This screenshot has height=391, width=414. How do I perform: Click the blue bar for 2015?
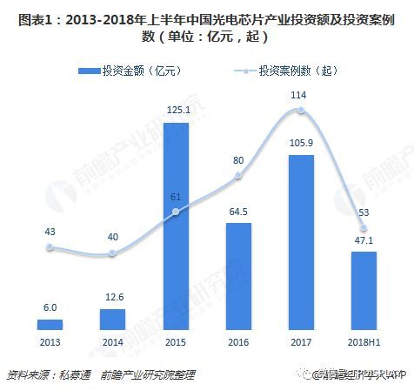[x=176, y=226]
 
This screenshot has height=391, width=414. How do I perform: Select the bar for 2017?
[x=300, y=243]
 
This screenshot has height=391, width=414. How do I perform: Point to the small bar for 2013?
[x=50, y=324]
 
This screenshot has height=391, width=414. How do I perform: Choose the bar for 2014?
[x=113, y=319]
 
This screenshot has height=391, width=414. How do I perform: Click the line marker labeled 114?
[x=300, y=111]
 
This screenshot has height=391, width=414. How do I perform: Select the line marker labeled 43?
[x=50, y=247]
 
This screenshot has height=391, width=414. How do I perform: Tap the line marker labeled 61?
[x=176, y=212]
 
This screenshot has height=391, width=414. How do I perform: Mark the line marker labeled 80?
[x=238, y=178]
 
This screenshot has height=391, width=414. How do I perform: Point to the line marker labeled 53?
[x=364, y=230]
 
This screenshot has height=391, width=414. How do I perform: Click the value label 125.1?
[x=176, y=110]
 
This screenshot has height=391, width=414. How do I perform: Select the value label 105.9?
[x=300, y=144]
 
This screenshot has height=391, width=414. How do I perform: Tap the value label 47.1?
[x=364, y=241]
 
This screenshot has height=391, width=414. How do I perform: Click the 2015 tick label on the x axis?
[x=176, y=343]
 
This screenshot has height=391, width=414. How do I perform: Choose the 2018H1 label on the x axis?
[x=364, y=343]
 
